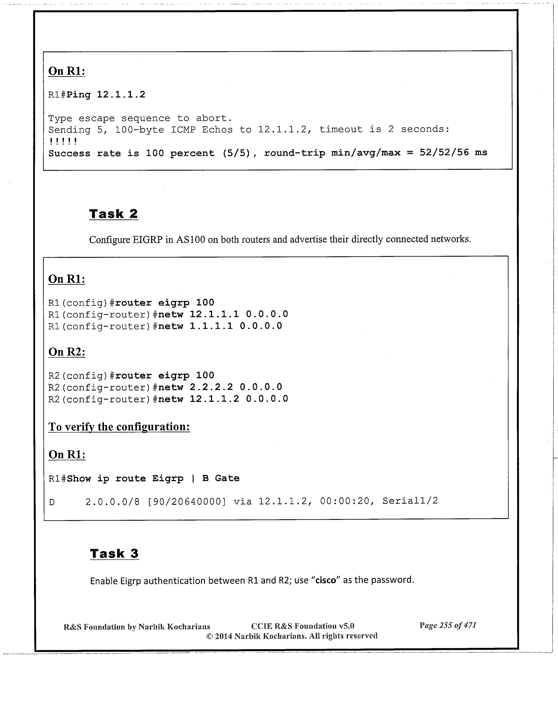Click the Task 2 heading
pyautogui.click(x=113, y=214)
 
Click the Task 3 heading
pyautogui.click(x=114, y=553)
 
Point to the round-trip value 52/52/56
pyautogui.click(x=444, y=153)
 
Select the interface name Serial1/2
pyautogui.click(x=410, y=501)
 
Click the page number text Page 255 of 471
pyautogui.click(x=448, y=625)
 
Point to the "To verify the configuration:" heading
pyautogui.click(x=119, y=427)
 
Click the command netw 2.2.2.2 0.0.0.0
pyautogui.click(x=220, y=387)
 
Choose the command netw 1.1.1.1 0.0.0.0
pyautogui.click(x=220, y=326)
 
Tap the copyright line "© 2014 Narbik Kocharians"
pyautogui.click(x=292, y=636)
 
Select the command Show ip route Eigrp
pyautogui.click(x=125, y=478)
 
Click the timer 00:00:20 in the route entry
pyautogui.click(x=344, y=501)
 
